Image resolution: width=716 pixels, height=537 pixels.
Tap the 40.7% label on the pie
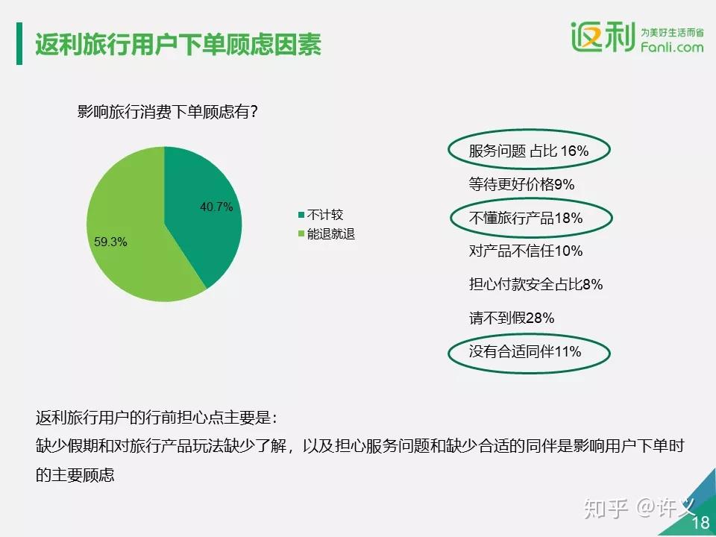216,207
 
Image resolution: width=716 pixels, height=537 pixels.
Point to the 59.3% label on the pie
110,242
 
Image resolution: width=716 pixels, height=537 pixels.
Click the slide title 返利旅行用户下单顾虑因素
178,45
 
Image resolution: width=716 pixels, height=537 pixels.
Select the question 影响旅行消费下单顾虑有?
169,113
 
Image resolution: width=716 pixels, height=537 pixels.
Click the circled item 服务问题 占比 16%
529,151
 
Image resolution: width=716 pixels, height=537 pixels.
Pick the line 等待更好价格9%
521,184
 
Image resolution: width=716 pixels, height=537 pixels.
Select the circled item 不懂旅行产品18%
526,218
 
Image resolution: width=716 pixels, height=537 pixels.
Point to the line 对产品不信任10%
526,251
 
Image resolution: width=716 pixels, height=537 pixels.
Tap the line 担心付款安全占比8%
536,284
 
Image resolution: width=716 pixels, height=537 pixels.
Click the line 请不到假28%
512,318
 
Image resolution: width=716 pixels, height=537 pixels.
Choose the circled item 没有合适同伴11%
525,351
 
